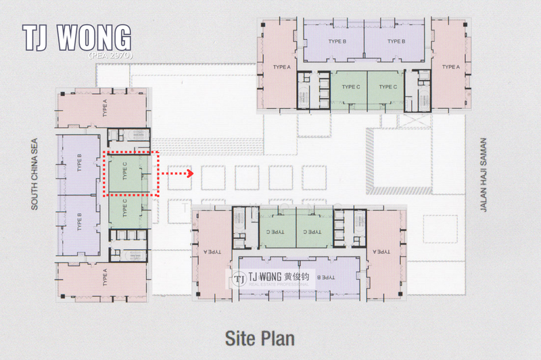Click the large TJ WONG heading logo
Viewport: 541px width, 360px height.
(76, 39)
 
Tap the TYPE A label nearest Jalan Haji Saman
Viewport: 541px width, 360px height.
(450, 67)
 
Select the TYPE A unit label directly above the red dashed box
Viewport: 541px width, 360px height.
(105, 108)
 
